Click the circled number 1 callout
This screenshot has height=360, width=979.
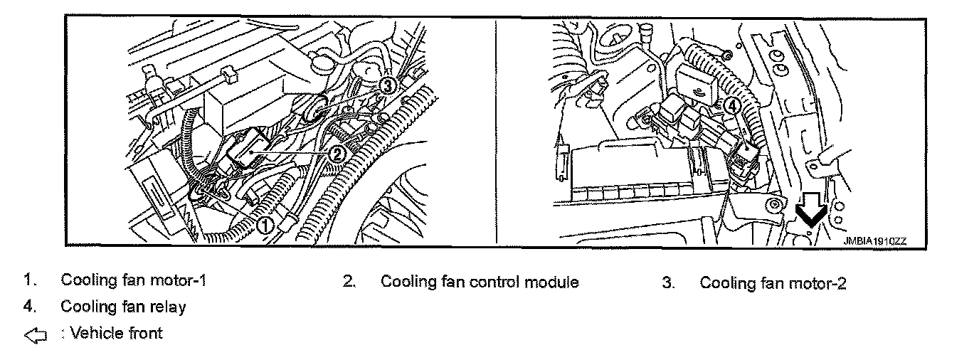point(264,225)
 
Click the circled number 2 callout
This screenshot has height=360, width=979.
point(338,152)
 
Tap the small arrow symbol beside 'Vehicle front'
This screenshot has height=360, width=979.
point(35,334)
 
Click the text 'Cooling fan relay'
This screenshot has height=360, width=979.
point(123,307)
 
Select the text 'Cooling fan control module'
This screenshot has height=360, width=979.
point(480,282)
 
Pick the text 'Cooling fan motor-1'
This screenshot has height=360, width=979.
point(133,280)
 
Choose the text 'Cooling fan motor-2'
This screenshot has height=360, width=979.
point(773,282)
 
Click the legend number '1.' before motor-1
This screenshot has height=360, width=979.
point(28,280)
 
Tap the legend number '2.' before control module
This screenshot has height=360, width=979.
point(349,282)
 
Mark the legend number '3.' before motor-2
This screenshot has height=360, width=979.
point(667,282)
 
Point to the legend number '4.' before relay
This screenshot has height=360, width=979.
point(28,307)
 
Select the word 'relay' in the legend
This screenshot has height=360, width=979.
point(170,307)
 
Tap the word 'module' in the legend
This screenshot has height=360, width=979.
point(554,282)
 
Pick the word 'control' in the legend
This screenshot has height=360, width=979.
point(496,282)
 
